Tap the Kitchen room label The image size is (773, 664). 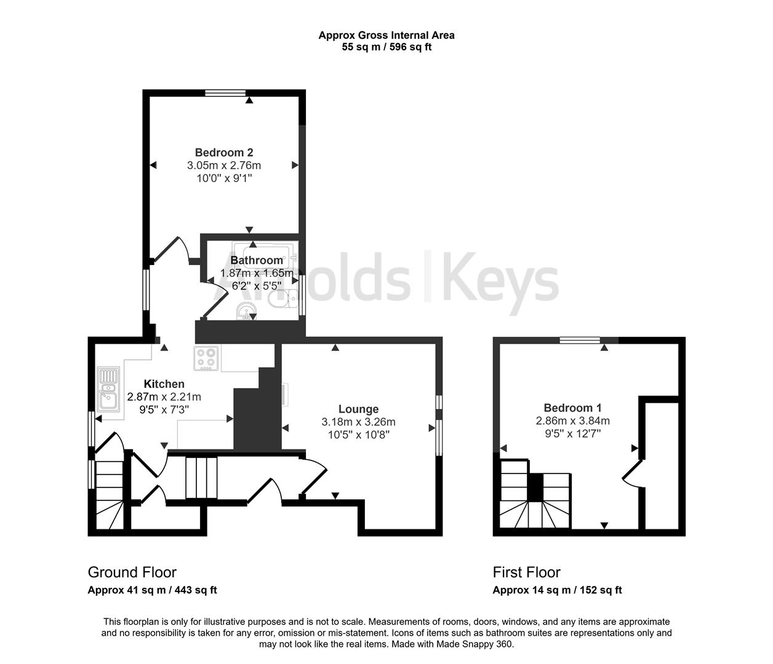click(x=164, y=384)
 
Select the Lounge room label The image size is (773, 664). click(x=358, y=409)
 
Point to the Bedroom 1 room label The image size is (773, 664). click(x=572, y=408)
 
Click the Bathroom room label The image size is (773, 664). click(x=257, y=260)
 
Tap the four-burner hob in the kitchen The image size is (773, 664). click(x=206, y=359)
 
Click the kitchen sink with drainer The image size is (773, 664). click(x=108, y=389)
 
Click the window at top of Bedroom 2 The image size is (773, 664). click(x=225, y=93)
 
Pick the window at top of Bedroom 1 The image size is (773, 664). click(x=580, y=340)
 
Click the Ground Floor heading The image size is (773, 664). click(x=132, y=572)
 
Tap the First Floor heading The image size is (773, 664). click(x=526, y=572)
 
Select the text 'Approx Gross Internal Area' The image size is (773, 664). click(x=386, y=36)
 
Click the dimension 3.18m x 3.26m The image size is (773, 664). click(x=358, y=422)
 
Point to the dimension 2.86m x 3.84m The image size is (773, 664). click(x=572, y=421)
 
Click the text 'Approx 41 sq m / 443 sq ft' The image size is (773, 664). click(x=152, y=590)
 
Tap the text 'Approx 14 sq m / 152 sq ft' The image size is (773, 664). click(x=557, y=590)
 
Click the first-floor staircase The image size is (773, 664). click(x=534, y=495)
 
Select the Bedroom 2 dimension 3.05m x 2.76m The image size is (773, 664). click(x=224, y=165)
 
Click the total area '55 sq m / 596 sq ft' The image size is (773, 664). click(x=386, y=47)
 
